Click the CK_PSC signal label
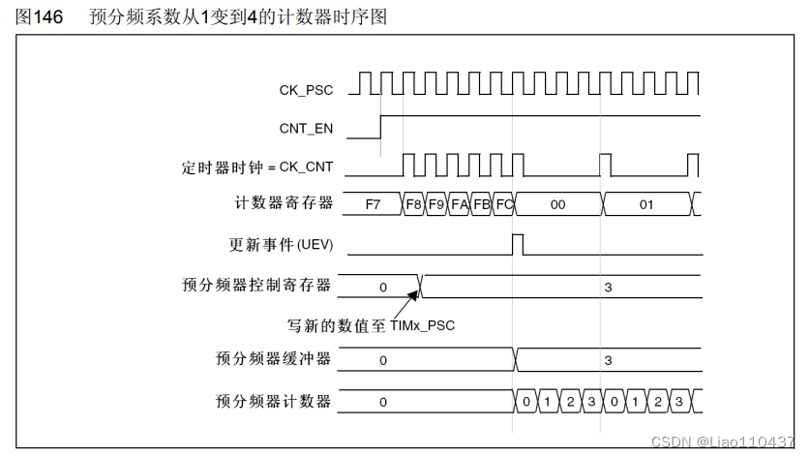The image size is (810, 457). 306,90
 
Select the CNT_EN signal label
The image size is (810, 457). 306,127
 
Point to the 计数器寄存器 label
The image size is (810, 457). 285,203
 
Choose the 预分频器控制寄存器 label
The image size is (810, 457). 256,285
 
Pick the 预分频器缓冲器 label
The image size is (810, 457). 273,359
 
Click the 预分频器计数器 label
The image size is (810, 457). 273,400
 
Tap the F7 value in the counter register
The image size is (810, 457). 374,204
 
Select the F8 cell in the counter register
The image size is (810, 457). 414,204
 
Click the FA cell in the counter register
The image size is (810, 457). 460,204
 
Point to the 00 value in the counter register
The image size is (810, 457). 557,204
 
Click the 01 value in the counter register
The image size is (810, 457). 646,204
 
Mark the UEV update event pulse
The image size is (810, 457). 518,243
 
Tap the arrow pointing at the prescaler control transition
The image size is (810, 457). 407,301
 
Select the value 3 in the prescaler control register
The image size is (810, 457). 608,287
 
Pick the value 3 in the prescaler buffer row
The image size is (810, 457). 608,360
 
